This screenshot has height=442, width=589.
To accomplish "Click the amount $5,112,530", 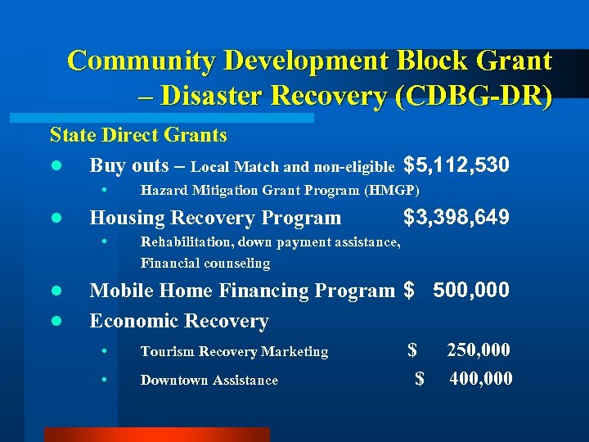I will [x=456, y=165].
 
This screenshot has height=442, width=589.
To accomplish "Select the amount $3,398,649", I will [x=456, y=217].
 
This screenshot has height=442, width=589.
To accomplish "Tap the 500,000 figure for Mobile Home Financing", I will [x=471, y=290].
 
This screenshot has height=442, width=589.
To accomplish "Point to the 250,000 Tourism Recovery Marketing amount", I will [x=479, y=350].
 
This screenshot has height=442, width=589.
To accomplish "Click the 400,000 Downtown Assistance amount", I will [x=481, y=378].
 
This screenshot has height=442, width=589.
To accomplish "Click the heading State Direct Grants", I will [x=138, y=133].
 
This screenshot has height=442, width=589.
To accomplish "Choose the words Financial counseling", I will [x=205, y=264].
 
